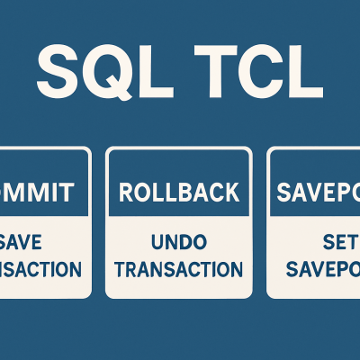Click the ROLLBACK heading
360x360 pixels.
point(179,192)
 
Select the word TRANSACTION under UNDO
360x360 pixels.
point(179,269)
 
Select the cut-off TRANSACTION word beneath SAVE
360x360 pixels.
point(40,269)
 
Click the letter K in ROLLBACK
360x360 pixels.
point(231,192)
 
